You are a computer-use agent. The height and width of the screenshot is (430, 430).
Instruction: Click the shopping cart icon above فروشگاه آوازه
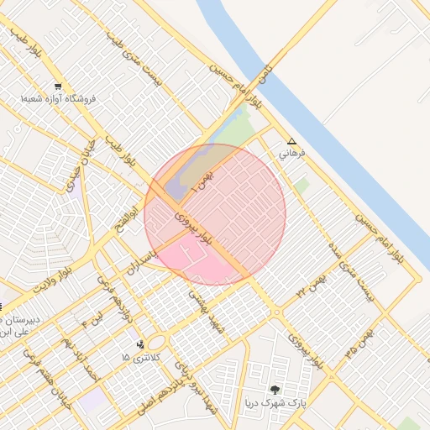click(x=58, y=86)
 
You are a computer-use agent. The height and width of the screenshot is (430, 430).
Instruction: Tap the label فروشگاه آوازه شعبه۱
click(x=59, y=99)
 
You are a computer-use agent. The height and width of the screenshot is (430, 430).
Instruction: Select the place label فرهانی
click(x=293, y=155)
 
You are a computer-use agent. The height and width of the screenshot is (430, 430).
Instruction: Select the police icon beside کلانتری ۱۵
click(x=140, y=343)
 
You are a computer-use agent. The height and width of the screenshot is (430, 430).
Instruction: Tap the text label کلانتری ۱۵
click(x=139, y=358)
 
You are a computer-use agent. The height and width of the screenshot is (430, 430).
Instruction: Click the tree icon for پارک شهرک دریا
click(x=275, y=390)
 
